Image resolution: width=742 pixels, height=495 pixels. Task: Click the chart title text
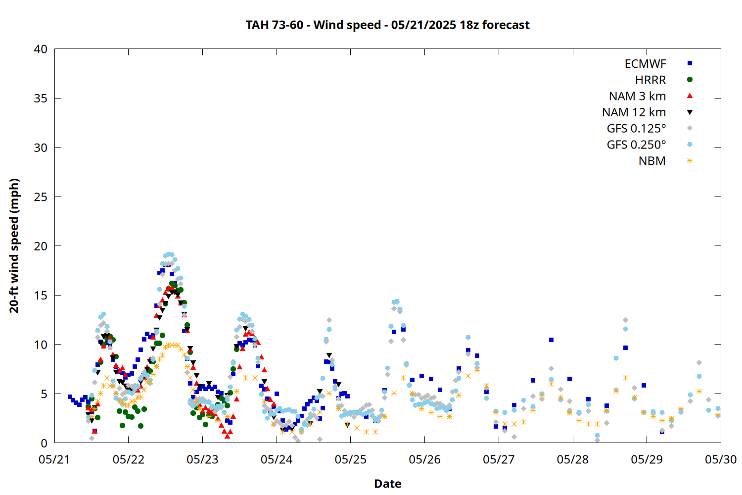(x=387, y=25)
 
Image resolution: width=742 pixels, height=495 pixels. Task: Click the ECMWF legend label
(x=645, y=64)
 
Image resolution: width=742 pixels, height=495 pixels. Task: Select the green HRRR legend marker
(x=690, y=80)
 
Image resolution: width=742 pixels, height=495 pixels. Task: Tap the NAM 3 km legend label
(x=637, y=96)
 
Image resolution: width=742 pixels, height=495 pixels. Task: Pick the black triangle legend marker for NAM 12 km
(x=690, y=112)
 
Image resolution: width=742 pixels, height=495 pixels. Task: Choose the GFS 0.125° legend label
(x=636, y=128)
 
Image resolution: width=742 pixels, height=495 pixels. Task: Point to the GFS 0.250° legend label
(x=636, y=145)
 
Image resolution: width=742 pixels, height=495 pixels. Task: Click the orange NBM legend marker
(x=690, y=161)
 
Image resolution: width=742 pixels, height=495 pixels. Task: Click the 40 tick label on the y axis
(x=41, y=49)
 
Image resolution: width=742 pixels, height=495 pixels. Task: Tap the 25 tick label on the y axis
(x=41, y=197)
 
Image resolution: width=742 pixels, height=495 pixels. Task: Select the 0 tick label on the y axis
(x=44, y=443)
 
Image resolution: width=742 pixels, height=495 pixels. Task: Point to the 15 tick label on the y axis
(x=41, y=296)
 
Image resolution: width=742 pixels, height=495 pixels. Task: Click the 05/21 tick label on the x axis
(x=54, y=459)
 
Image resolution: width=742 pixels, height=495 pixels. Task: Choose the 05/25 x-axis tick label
(x=350, y=459)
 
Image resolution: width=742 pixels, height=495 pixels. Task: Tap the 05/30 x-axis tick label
(x=721, y=459)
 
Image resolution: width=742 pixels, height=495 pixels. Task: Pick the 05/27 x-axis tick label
(x=499, y=459)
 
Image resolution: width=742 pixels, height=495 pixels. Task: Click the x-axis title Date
(x=387, y=484)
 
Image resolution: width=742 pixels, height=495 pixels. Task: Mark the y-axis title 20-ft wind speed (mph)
(x=14, y=246)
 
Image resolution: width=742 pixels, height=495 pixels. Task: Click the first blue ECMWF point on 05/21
(x=70, y=396)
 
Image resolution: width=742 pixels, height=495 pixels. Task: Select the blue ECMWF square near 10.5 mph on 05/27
(x=551, y=340)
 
